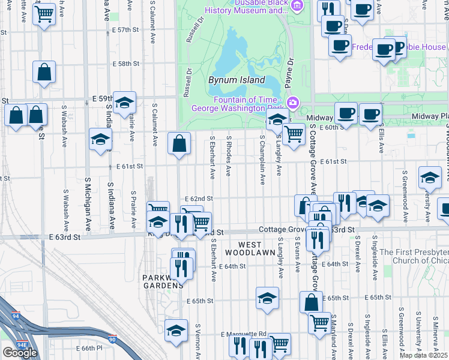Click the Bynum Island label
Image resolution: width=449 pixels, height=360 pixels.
236,80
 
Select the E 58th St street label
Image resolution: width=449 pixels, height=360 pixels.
125,64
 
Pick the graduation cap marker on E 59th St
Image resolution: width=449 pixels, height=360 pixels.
124,103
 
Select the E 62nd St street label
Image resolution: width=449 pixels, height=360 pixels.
199,198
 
